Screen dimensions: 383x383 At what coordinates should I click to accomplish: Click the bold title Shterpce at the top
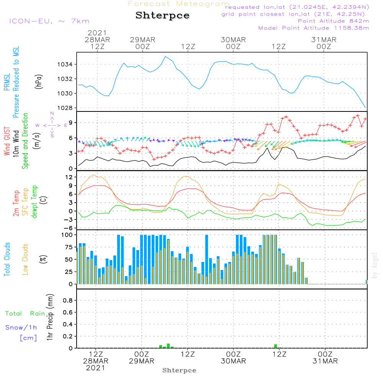(162, 16)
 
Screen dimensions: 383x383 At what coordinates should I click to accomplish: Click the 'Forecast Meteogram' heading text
(178, 4)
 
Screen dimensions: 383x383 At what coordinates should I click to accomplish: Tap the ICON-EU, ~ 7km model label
(49, 21)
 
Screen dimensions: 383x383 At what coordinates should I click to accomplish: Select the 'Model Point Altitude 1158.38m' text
(314, 28)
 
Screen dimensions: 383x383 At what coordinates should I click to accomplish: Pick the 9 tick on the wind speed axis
(70, 123)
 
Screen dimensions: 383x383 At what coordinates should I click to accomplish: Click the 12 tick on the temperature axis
(69, 177)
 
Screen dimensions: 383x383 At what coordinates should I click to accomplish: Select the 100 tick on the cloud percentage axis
(67, 235)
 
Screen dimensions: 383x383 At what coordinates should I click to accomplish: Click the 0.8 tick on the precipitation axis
(68, 301)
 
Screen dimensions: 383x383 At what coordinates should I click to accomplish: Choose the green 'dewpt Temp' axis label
(35, 202)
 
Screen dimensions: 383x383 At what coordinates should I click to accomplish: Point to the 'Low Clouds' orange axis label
(26, 259)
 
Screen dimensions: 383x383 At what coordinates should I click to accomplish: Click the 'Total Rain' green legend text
(25, 314)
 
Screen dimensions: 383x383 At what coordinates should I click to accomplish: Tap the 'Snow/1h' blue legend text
(21, 327)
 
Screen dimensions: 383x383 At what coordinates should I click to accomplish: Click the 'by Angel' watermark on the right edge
(375, 266)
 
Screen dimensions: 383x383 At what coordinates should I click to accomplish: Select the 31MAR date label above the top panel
(324, 40)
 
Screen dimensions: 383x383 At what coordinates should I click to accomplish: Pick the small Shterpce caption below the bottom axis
(179, 370)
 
